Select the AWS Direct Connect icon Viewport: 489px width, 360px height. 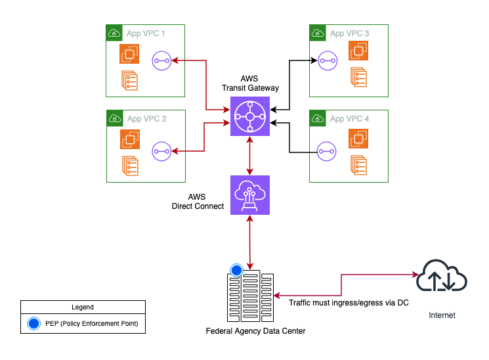(x=249, y=195)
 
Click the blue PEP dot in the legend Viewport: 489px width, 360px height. (x=33, y=323)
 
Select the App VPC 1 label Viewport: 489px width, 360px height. (x=146, y=33)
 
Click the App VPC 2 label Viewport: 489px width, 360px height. (x=146, y=119)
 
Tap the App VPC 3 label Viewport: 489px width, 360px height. (x=349, y=33)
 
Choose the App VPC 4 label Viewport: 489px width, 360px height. (x=349, y=119)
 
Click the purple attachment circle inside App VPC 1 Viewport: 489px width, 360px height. (x=161, y=60)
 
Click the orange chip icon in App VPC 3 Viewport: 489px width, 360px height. (x=358, y=50)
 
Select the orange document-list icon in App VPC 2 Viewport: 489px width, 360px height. (x=129, y=166)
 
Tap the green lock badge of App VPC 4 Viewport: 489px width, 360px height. (x=317, y=118)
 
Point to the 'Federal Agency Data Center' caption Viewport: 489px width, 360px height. (x=255, y=330)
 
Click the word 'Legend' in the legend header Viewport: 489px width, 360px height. (x=82, y=307)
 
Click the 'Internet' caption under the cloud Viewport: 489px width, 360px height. (x=442, y=315)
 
